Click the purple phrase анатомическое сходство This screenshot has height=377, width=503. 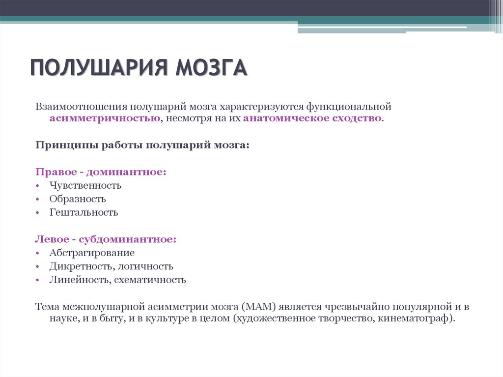tap(312, 119)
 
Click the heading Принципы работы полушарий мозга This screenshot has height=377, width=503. tap(142, 145)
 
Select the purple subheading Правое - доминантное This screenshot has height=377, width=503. tap(101, 173)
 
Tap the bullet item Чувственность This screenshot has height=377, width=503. tap(85, 186)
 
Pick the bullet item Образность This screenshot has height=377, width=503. tap(78, 199)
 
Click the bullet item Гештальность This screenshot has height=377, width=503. tap(84, 213)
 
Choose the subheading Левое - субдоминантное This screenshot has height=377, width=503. tap(106, 240)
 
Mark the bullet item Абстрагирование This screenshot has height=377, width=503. tap(92, 253)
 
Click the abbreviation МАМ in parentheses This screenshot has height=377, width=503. tap(257, 307)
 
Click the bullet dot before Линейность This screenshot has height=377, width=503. tap(38, 281)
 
